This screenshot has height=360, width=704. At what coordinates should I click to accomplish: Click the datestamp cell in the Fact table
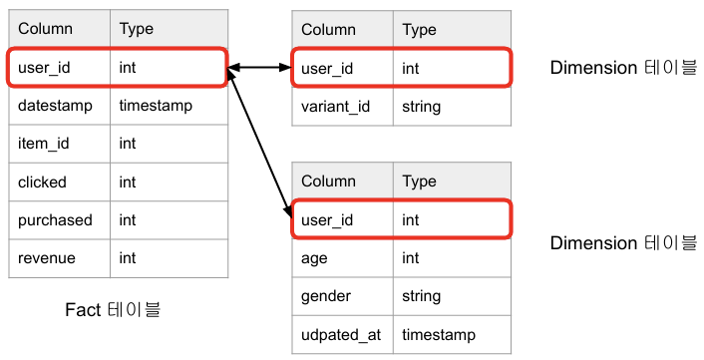tap(60, 106)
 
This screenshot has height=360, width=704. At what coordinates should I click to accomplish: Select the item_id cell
tap(60, 144)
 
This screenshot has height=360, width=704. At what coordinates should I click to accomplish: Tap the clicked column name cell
tap(60, 181)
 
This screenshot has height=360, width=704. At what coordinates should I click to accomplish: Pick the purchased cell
tap(60, 220)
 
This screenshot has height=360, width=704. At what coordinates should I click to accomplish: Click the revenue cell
tap(60, 258)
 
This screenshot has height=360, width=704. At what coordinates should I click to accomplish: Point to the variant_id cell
tap(343, 107)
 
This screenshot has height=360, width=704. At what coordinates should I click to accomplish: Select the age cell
tap(343, 258)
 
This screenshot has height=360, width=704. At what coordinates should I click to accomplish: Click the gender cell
tap(343, 296)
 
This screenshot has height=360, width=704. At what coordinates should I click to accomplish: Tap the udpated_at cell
tap(343, 334)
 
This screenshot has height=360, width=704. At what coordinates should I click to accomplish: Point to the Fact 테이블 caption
tap(113, 310)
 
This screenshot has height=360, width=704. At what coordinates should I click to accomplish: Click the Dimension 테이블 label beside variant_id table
tap(623, 68)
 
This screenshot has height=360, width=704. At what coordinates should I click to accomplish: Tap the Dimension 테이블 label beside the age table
tap(623, 243)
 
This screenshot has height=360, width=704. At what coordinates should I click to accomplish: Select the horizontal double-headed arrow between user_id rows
tap(259, 68)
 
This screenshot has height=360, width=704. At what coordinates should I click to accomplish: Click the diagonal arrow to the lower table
tap(259, 144)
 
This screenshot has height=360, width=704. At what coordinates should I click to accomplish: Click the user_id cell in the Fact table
tap(60, 68)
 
